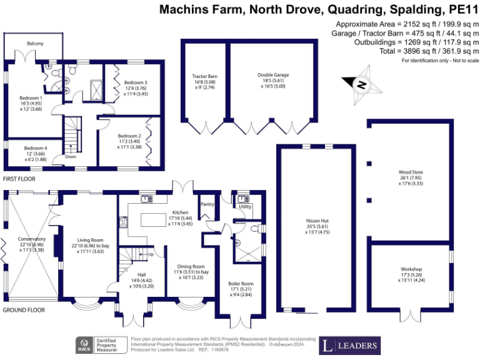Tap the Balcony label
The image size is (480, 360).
[x=35, y=43]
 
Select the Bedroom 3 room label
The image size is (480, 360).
[x=136, y=82]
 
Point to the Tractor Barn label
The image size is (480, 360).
[x=204, y=77]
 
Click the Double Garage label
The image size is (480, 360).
[x=273, y=75]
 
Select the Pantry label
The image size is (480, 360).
[x=207, y=204]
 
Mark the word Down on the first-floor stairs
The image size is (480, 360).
[x=71, y=157]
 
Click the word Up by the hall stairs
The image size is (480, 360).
[x=150, y=254]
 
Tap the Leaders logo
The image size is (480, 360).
[x=351, y=345]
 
